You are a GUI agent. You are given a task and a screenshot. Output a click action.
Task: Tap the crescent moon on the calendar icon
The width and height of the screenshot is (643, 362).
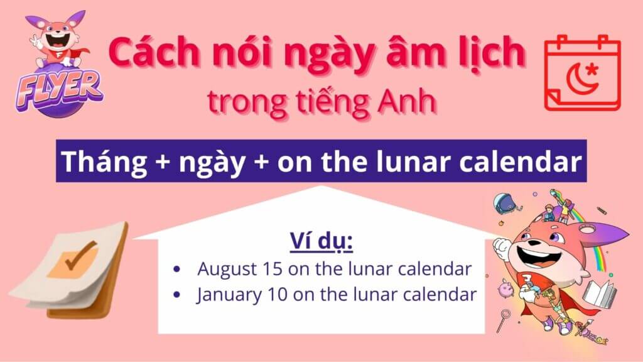click(x=579, y=80)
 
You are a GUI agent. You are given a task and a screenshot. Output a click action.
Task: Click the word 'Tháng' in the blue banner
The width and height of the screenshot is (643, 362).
click(x=104, y=162)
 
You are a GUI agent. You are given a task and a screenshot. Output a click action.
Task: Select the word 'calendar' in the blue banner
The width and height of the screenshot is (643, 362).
click(x=520, y=161)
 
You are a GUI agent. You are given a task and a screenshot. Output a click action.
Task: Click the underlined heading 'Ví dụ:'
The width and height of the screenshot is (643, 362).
click(x=321, y=241)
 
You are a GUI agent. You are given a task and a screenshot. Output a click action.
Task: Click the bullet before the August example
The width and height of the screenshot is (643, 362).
click(x=176, y=270)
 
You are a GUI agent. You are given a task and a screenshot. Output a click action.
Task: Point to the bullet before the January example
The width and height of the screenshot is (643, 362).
click(x=176, y=295)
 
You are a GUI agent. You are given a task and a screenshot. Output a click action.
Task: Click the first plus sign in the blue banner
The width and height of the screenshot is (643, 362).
click(x=163, y=162)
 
